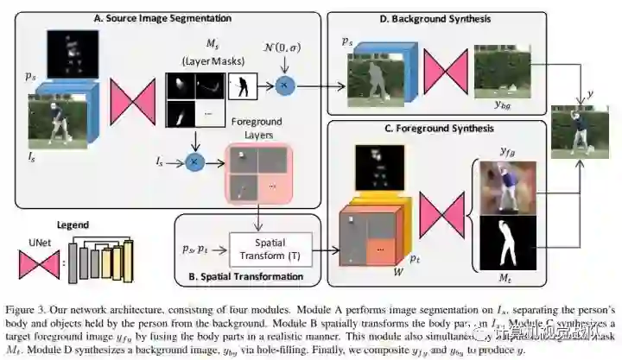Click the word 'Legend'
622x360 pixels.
click(x=79, y=222)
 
